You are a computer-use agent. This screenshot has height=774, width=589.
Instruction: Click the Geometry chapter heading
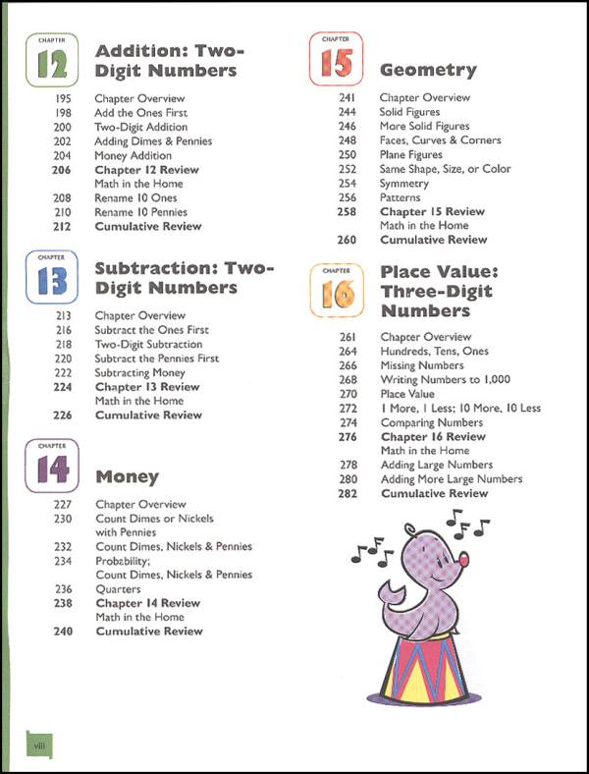427,71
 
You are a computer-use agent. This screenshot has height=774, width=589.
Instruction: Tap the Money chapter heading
127,477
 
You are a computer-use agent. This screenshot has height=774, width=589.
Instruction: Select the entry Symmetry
405,184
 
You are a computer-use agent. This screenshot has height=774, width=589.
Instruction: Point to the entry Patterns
400,197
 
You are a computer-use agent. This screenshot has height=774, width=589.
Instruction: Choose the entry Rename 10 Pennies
140,212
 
